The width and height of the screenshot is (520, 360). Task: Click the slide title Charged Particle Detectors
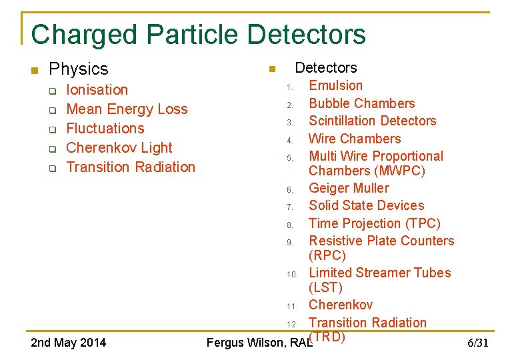[198, 35]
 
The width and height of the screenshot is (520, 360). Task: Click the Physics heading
[79, 69]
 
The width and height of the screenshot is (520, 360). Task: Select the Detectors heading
[325, 67]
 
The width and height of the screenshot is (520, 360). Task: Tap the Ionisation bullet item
[97, 89]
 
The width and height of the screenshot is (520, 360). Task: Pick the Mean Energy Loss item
[127, 109]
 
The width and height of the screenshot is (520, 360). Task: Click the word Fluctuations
[105, 128]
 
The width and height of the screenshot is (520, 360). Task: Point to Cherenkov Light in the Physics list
[119, 147]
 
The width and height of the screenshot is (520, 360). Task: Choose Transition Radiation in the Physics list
[131, 167]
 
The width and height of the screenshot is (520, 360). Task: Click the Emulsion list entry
[335, 85]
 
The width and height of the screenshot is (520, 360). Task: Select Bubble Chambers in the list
[361, 103]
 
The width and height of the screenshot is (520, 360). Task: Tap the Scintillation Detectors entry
[372, 121]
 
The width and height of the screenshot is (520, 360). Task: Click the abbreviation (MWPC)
[367, 171]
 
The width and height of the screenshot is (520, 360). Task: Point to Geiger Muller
[349, 188]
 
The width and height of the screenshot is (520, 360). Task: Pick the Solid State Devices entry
[366, 205]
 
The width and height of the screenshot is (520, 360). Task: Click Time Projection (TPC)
[374, 223]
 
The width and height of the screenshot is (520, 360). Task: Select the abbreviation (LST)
[325, 287]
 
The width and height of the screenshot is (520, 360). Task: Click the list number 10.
[292, 274]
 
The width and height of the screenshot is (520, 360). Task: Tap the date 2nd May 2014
[69, 343]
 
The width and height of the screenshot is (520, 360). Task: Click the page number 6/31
[477, 343]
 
